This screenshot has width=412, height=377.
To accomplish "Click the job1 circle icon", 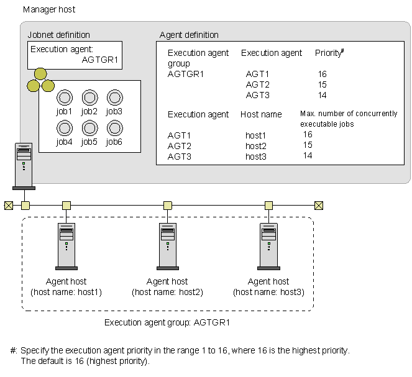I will (x=65, y=98).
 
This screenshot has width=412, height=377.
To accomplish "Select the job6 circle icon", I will (x=114, y=128).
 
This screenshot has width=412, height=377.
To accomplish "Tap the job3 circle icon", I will (x=114, y=98).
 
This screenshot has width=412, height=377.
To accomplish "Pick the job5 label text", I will (x=89, y=142).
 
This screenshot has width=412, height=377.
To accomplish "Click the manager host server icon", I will (x=24, y=165).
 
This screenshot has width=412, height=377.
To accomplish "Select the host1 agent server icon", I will (x=66, y=246).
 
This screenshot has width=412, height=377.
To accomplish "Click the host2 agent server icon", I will (x=167, y=246).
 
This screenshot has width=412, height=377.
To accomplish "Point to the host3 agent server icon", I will (x=268, y=246).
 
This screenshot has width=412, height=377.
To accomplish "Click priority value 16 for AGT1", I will (x=322, y=74).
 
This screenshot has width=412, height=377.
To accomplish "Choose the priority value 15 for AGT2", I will (x=322, y=84).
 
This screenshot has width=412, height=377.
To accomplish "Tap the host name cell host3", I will (x=256, y=157).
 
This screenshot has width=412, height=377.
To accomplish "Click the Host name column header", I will (x=261, y=114).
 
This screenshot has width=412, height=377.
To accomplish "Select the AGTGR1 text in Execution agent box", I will (x=100, y=61).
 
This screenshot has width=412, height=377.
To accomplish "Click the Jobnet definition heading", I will (x=59, y=35).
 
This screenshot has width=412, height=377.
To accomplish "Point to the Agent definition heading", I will (x=189, y=35).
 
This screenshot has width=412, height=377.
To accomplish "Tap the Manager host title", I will (x=49, y=11).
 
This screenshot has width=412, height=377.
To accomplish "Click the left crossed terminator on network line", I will (x=8, y=205).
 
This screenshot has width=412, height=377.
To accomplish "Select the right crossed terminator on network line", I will (x=319, y=205).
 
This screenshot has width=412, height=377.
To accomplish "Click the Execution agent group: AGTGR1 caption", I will (x=167, y=322).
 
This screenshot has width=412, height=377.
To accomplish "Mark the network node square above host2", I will (x=167, y=205).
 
